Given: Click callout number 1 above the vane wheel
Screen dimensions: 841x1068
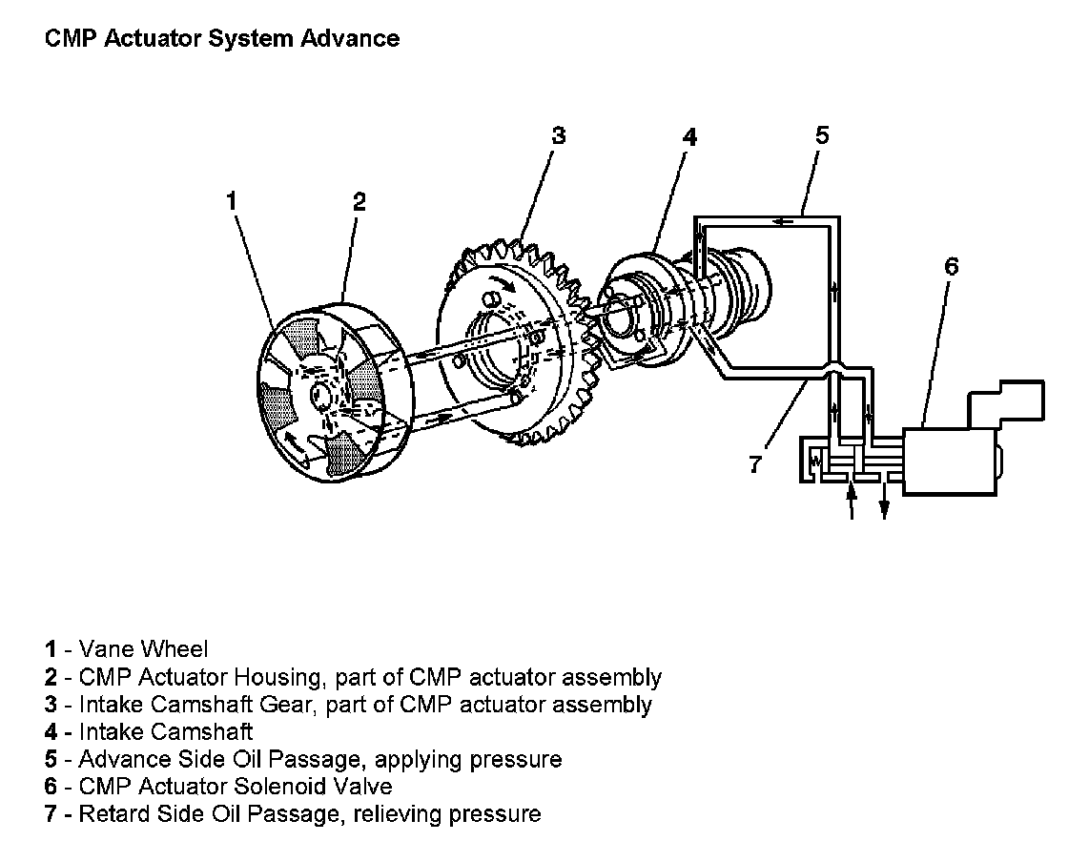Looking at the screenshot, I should tap(232, 201).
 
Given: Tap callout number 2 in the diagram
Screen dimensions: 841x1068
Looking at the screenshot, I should tap(359, 201).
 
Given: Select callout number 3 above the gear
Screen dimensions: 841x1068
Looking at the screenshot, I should tap(559, 135).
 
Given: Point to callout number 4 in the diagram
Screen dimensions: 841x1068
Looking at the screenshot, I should tap(689, 137).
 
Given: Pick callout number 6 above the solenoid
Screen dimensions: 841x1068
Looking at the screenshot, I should tap(951, 266).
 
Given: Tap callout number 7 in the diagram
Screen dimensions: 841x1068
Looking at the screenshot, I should tap(755, 465).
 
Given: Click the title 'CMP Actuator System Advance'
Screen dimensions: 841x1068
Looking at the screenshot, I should tap(222, 39).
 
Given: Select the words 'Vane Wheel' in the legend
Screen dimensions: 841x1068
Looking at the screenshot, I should tap(143, 650).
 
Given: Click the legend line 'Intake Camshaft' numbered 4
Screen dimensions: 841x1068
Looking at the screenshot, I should tap(166, 732).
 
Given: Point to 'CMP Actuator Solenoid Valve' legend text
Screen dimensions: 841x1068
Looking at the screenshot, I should tap(235, 787).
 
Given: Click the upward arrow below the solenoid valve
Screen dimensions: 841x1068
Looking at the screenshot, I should tap(852, 500).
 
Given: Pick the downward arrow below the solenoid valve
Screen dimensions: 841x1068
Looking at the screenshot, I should tap(884, 503).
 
